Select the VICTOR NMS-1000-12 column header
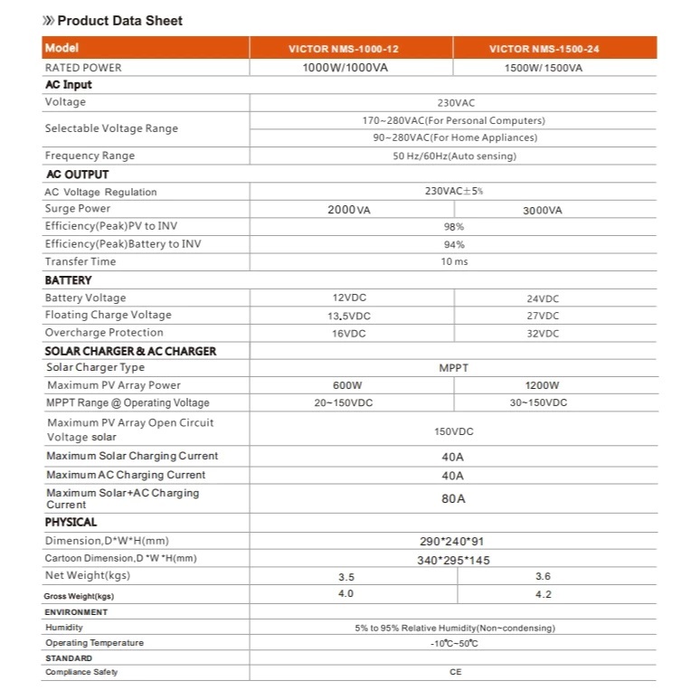pos(349,49)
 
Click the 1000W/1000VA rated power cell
pos(349,68)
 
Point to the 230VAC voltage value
pos(453,102)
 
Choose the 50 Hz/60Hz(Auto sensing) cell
pos(453,156)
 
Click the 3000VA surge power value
pos(543,210)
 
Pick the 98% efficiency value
pos(453,227)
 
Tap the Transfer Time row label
pos(80,261)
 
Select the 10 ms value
pos(453,261)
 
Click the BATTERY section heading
pos(69,280)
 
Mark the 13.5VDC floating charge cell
pos(348,316)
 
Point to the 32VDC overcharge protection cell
pos(543,333)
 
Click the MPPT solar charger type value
pos(453,368)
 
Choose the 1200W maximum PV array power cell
pos(543,385)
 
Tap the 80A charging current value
pos(453,498)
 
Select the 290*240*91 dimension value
pos(453,541)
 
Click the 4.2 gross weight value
pos(543,594)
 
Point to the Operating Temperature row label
pos(95,643)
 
